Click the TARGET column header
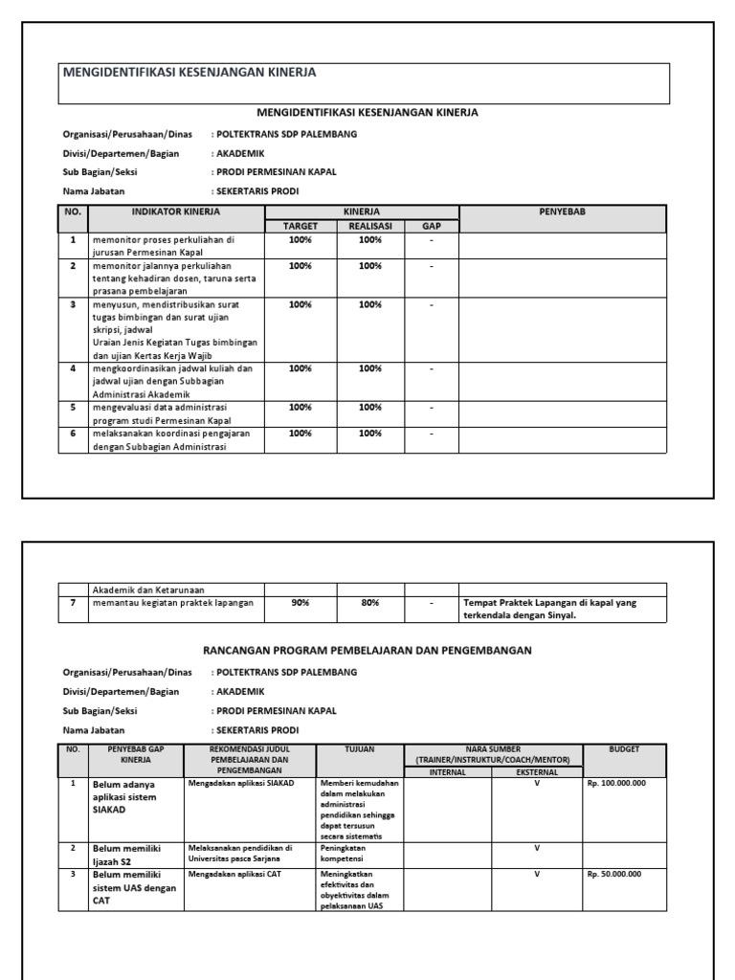[x=300, y=226]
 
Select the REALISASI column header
[x=369, y=226]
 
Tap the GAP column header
[x=431, y=226]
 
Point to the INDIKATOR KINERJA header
[x=175, y=212]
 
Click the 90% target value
[x=300, y=603]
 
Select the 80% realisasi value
[x=369, y=603]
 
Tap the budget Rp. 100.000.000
[x=615, y=783]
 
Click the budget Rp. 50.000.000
[x=613, y=874]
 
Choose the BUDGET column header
[x=624, y=749]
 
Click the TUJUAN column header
[x=360, y=749]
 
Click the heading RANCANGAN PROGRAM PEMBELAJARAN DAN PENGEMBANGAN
[x=367, y=650]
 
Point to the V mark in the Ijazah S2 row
[x=537, y=848]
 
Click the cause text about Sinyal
[x=550, y=609]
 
